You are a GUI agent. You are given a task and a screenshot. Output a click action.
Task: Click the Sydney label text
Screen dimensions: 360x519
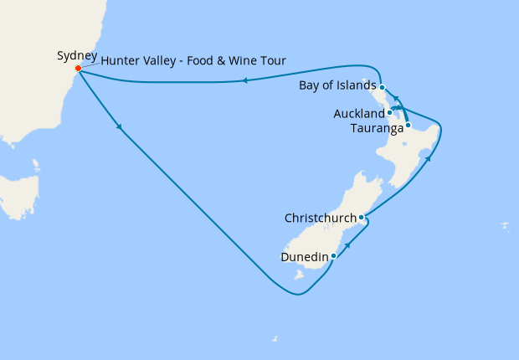[x=77, y=56]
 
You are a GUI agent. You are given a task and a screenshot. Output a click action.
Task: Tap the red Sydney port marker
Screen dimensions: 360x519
[x=78, y=69]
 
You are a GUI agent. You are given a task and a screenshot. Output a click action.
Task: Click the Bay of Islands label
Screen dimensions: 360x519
[x=337, y=87]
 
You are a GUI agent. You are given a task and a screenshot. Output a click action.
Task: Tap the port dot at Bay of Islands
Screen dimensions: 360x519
[x=382, y=87]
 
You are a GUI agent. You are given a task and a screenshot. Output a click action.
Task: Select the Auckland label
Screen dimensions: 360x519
[x=357, y=112]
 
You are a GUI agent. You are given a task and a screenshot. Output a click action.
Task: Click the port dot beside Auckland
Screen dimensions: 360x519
[x=390, y=111]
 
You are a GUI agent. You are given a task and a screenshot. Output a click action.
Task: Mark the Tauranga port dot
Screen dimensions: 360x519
[x=408, y=126]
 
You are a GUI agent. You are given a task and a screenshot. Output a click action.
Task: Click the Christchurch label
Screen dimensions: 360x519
[x=320, y=218]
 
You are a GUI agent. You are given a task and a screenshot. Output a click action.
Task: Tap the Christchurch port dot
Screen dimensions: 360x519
[x=361, y=218]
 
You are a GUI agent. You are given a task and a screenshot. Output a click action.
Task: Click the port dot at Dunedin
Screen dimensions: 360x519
[x=333, y=255]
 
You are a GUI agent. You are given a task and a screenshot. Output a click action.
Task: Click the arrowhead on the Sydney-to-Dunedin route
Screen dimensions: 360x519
[x=121, y=128]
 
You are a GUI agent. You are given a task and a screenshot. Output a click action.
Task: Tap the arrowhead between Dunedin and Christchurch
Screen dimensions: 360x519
[x=347, y=243]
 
